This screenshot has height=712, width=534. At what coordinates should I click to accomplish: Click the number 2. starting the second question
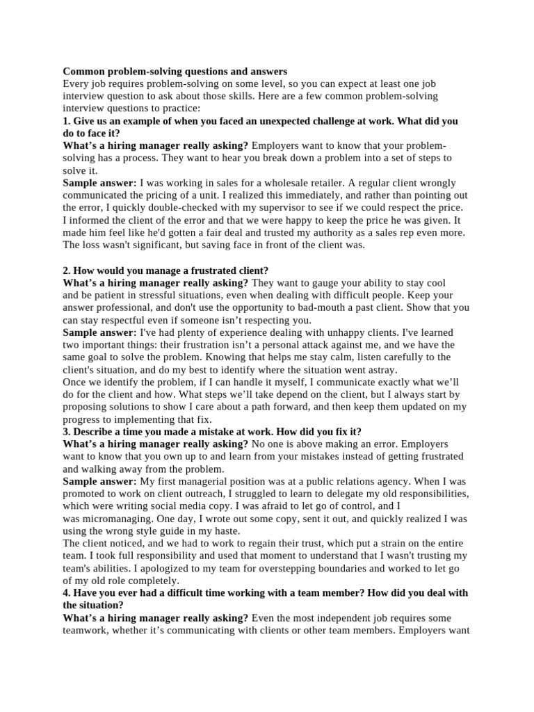tap(67, 270)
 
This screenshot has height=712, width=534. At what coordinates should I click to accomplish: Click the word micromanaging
tap(118, 519)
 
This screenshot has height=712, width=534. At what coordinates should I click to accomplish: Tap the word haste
tap(225, 531)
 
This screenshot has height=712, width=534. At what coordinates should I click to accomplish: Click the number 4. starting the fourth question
tap(67, 593)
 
